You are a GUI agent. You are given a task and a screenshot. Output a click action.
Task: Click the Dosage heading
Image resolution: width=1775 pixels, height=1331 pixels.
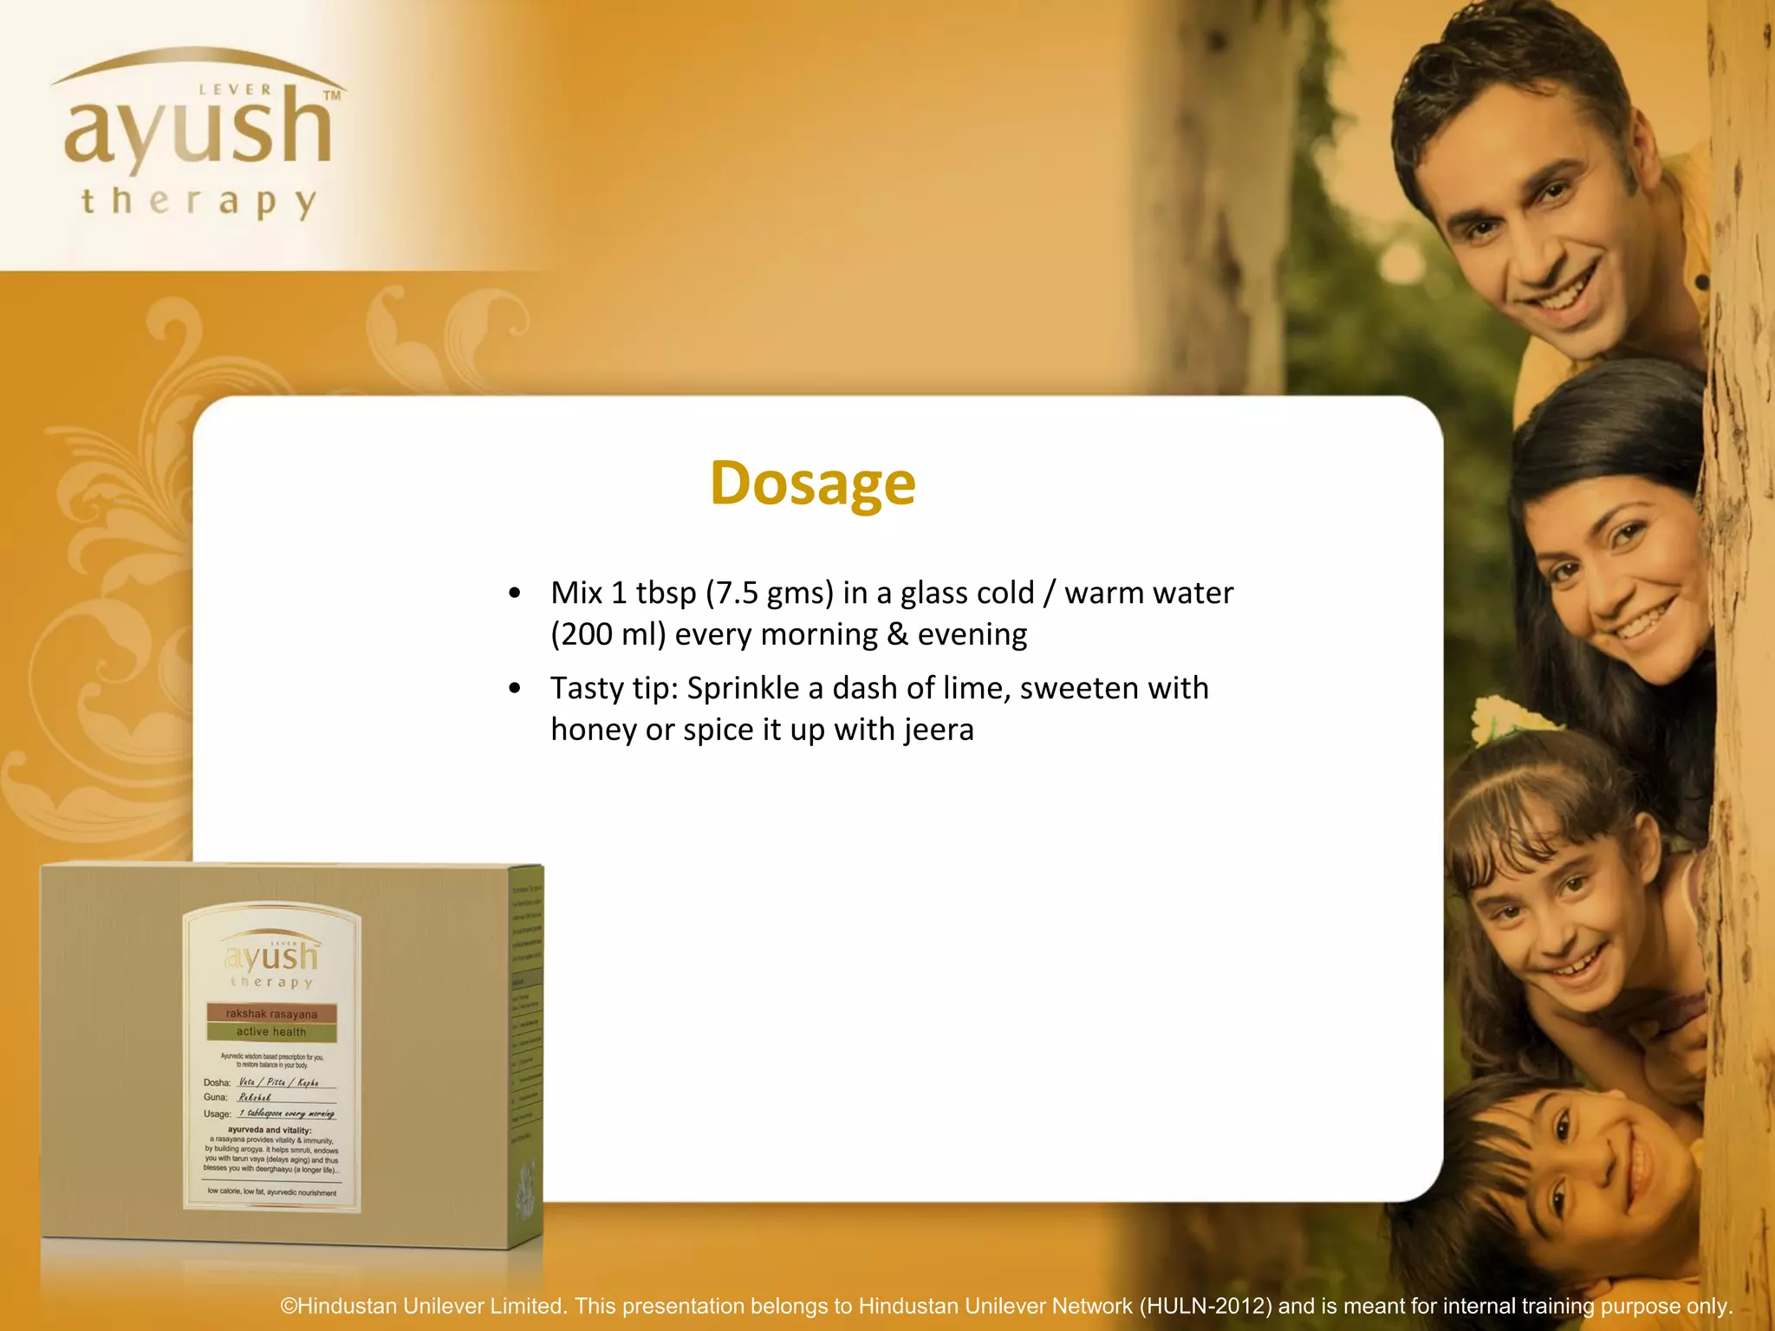812,483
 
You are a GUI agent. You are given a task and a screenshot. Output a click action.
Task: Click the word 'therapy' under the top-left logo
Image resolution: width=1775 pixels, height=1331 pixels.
198,203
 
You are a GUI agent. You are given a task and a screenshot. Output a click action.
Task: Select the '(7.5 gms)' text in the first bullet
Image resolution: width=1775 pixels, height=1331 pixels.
769,593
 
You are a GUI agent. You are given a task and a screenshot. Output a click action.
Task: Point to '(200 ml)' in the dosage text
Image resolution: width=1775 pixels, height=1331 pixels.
608,634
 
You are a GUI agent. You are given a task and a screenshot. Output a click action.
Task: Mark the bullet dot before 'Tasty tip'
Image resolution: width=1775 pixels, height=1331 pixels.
515,689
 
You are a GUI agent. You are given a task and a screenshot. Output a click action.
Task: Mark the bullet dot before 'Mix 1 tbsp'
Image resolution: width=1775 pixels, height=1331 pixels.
515,594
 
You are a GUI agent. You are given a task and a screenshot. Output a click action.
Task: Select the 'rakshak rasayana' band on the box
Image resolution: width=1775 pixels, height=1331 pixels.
271,1014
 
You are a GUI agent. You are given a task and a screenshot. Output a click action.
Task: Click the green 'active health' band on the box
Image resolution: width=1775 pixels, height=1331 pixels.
271,1032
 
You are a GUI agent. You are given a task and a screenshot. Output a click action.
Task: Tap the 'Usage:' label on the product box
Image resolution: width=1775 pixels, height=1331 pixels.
218,1114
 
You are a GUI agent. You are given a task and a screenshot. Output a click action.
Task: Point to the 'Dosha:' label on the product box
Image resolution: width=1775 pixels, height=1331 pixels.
218,1082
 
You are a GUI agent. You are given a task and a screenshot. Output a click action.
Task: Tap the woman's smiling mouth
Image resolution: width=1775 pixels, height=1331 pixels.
1641,622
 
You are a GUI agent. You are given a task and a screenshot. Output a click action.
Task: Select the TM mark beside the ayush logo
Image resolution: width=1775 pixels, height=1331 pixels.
332,95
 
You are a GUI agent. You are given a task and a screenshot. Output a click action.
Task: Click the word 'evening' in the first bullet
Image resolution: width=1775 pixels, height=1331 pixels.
972,634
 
